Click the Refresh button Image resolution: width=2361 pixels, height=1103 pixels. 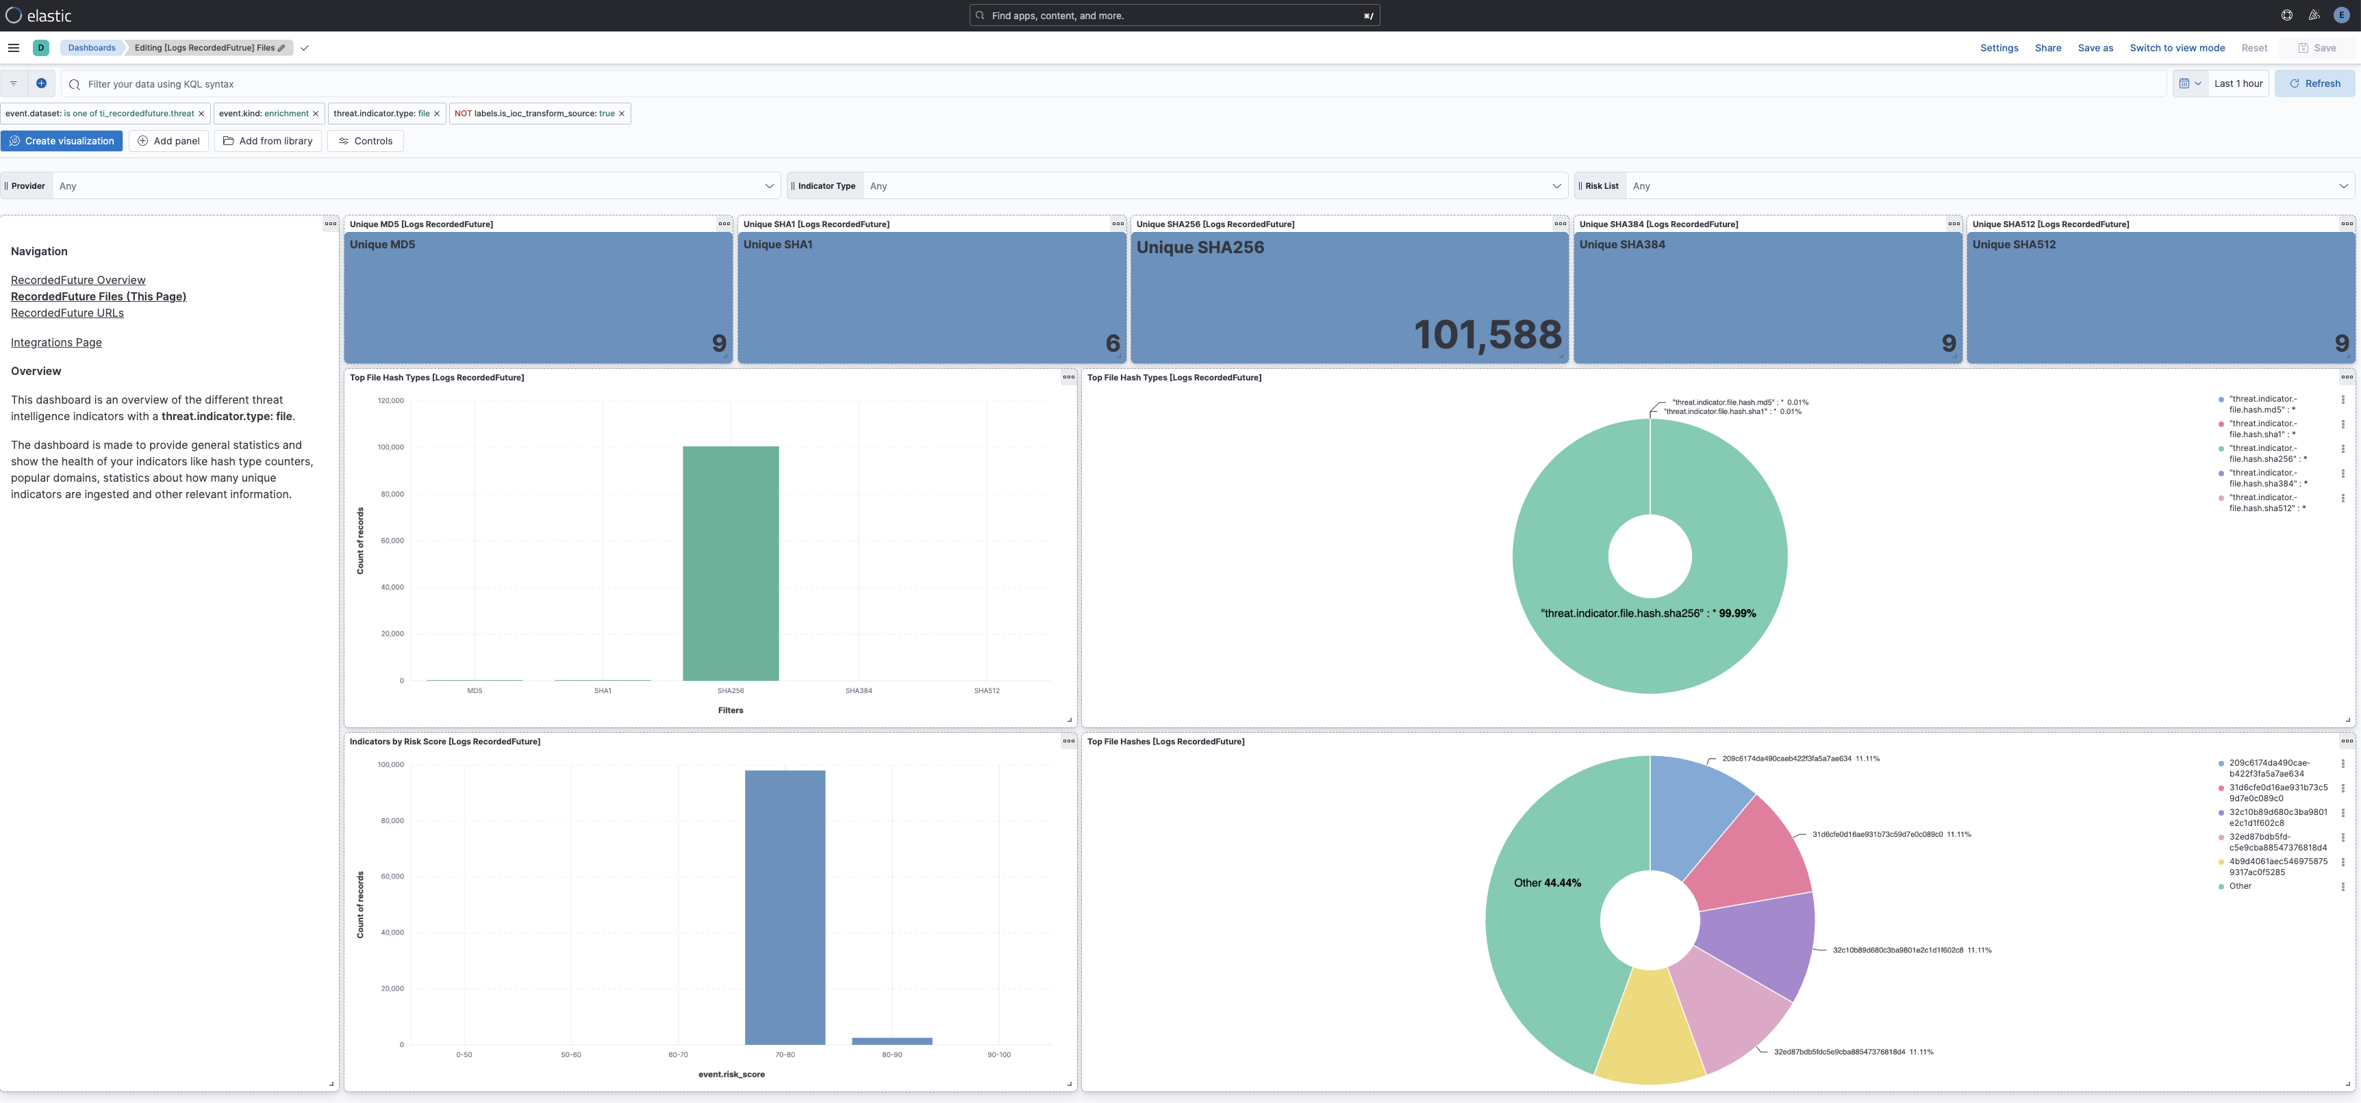tap(2314, 83)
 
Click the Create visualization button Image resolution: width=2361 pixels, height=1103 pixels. tap(62, 141)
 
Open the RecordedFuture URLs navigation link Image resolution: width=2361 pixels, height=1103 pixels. tap(67, 313)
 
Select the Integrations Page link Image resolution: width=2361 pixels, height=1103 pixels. tap(56, 343)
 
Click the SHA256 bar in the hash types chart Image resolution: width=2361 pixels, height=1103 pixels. tap(731, 563)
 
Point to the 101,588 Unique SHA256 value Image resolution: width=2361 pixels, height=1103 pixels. tap(1487, 335)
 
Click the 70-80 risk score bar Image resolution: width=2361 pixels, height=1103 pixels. tap(785, 907)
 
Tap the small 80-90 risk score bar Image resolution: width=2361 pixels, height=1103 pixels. tap(892, 1041)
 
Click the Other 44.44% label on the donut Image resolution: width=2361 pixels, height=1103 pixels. tap(1547, 883)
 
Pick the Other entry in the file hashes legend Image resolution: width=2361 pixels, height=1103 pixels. tap(2240, 886)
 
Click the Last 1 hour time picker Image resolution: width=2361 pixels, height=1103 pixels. tap(2238, 83)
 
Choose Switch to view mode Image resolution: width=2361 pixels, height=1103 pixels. tap(2177, 48)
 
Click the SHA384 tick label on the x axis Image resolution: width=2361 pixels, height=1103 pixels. tap(859, 691)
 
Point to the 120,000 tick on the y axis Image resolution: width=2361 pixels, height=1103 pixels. tap(390, 400)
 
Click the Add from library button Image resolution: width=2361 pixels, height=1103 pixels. tap(268, 141)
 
